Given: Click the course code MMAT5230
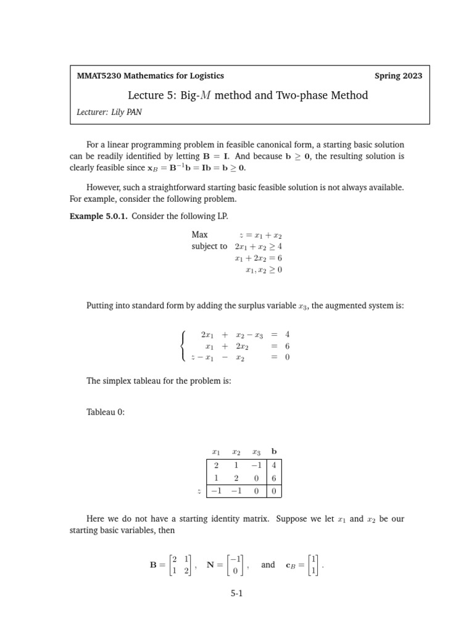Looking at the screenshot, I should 99,76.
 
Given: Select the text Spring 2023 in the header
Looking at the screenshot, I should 398,76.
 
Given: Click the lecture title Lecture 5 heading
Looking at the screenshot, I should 247,95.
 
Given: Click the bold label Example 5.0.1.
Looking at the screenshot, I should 99,215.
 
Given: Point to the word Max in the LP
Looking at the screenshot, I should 200,235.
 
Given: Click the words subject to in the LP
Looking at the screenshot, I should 209,246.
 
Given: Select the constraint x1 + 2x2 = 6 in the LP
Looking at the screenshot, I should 258,258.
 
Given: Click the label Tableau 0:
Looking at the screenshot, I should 106,412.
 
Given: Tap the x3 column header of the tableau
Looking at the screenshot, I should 256,452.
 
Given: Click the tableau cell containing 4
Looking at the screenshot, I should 273,466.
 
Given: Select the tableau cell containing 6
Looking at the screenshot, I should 273,478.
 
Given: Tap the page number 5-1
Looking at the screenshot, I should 237,594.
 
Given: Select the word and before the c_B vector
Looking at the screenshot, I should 268,564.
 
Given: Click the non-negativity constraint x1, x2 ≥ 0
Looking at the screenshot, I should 263,270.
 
